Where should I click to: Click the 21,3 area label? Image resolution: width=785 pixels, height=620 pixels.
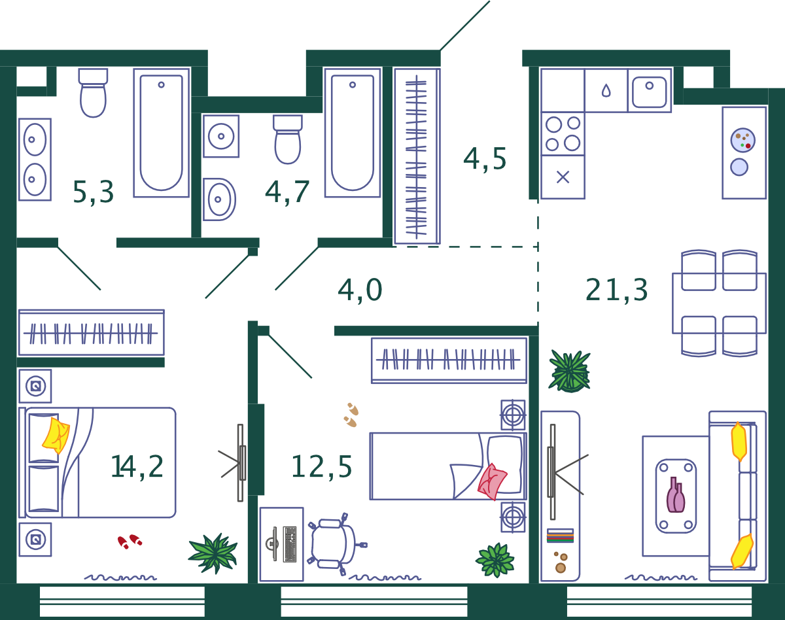click(616, 290)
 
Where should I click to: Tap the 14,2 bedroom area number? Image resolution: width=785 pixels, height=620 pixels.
click(137, 466)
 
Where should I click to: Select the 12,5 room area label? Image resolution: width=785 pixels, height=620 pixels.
click(321, 467)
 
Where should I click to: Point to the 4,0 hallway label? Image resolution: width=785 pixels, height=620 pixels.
click(360, 290)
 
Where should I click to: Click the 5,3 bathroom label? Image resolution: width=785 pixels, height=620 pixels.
click(94, 192)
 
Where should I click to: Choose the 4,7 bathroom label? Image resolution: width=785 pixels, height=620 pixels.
click(287, 192)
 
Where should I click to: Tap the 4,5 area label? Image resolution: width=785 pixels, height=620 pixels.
click(485, 159)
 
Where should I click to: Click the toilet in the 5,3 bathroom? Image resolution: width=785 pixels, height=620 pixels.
click(93, 93)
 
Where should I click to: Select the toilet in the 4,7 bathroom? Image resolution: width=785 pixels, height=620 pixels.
click(288, 139)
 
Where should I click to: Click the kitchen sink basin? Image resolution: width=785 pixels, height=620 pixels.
click(650, 92)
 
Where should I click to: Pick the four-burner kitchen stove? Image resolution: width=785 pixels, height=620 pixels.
click(563, 134)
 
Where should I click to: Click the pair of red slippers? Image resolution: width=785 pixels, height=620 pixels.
click(130, 542)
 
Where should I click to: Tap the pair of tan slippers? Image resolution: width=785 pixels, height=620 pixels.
click(351, 415)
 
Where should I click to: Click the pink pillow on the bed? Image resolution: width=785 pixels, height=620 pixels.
click(493, 481)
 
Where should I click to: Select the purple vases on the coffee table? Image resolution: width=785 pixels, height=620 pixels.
click(676, 494)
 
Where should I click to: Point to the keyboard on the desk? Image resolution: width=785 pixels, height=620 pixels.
click(290, 544)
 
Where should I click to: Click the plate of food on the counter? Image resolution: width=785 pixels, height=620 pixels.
click(742, 141)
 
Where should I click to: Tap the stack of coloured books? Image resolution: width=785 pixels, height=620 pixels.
click(560, 536)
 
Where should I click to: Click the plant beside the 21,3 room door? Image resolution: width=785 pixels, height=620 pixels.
click(569, 371)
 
